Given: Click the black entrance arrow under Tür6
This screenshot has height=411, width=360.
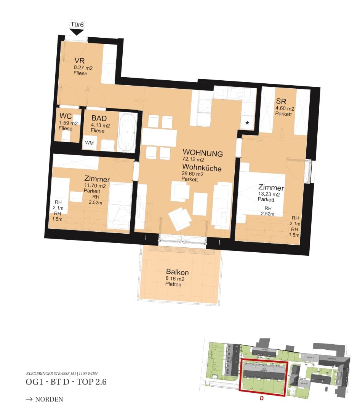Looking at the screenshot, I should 77,32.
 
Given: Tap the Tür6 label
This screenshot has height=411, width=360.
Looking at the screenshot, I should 77,25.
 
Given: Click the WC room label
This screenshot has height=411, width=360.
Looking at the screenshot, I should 66,117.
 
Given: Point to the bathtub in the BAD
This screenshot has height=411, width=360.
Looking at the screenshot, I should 127,132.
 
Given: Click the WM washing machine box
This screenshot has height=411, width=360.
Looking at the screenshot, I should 89,143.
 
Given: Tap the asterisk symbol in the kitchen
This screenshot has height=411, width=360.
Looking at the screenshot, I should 247,123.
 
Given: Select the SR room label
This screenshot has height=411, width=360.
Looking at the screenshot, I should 281,102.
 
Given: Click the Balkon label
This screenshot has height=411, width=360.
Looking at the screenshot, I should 177,272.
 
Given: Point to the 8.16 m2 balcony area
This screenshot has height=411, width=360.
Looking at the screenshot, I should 175,279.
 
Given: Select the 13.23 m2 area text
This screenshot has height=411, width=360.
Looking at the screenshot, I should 269,194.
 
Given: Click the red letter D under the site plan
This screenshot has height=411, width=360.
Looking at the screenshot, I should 261,399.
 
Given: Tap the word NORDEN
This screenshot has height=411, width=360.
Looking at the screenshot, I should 49,399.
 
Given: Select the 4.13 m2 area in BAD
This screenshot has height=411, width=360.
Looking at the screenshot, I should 101,125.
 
